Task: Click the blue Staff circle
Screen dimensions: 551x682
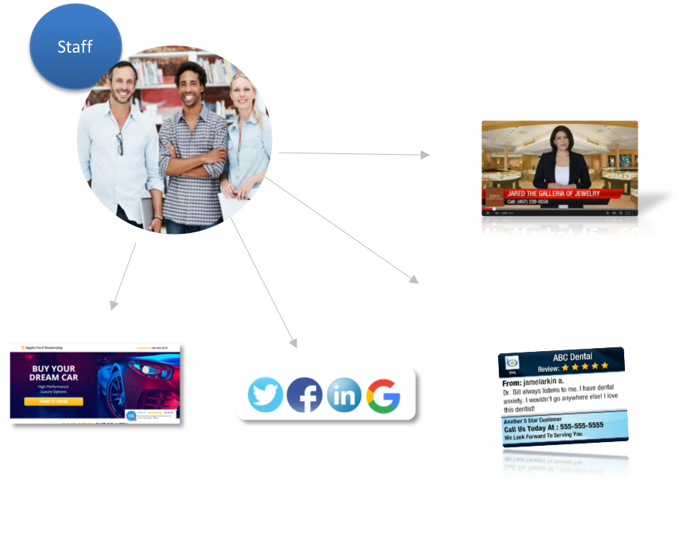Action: (x=75, y=47)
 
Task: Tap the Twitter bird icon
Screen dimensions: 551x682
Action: (x=265, y=394)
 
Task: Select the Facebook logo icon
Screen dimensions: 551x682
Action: (x=304, y=394)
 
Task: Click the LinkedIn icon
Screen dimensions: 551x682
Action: (x=343, y=394)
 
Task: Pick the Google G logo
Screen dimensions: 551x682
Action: (x=383, y=394)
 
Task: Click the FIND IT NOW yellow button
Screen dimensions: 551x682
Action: (x=53, y=401)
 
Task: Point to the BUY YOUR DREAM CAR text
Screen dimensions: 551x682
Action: (x=53, y=373)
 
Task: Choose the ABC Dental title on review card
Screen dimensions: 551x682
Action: (x=572, y=357)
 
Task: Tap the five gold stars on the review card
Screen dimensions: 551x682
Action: (x=586, y=368)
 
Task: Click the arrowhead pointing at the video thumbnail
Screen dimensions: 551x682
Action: (x=426, y=155)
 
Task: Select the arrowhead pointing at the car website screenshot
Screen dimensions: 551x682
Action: (x=113, y=306)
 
